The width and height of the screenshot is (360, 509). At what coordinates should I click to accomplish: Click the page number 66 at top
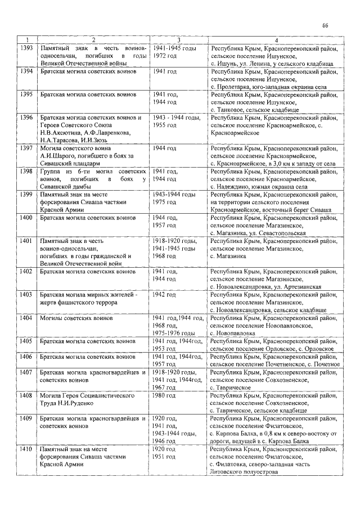click(326, 25)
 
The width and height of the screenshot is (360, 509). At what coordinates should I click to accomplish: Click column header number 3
click(178, 40)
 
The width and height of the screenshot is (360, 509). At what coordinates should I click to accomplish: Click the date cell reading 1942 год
click(164, 295)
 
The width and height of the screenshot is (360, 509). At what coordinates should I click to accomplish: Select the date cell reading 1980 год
click(164, 396)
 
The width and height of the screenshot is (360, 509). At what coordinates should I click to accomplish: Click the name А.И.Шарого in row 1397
click(60, 156)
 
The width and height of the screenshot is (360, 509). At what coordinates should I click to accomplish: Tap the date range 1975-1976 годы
click(173, 333)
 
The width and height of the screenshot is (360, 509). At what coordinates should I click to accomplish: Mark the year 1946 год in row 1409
click(164, 442)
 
